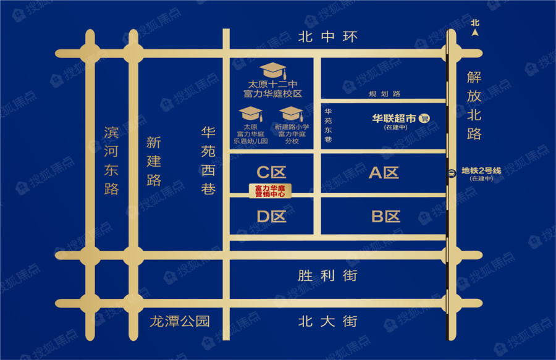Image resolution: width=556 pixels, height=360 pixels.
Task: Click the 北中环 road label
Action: (327, 36)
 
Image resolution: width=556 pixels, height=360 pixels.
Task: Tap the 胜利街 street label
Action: (327, 275)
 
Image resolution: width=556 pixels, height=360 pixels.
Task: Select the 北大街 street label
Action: (327, 321)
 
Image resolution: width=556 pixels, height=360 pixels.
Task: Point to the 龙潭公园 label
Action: (180, 321)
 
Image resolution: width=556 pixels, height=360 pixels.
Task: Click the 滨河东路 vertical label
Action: (111, 161)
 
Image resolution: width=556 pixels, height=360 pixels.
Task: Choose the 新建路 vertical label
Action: (154, 161)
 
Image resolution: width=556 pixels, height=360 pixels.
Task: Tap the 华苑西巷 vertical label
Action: (208, 161)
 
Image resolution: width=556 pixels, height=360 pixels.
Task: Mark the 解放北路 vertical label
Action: (474, 105)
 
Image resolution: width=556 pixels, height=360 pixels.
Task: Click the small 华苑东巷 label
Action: (328, 125)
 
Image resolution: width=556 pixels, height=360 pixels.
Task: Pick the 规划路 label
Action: (384, 93)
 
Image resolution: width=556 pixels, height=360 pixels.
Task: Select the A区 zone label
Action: (384, 172)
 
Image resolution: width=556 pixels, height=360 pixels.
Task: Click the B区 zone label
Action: (385, 217)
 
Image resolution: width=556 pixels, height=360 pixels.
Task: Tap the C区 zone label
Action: (271, 172)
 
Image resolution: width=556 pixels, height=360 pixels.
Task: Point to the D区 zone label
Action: (271, 217)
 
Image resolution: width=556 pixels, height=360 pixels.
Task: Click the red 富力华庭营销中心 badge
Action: (270, 191)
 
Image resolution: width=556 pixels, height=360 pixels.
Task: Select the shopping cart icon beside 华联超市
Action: (424, 118)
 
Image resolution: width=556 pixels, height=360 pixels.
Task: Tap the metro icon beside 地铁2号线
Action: (452, 174)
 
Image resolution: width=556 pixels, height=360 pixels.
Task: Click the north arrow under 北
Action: (475, 33)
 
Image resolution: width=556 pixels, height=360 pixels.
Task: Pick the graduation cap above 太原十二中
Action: (272, 70)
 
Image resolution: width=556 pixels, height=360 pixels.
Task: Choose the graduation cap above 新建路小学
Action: (291, 114)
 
